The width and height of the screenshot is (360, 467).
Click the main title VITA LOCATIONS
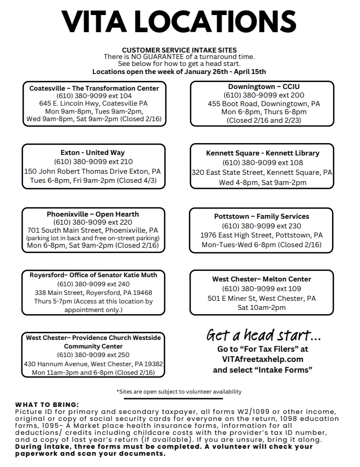[179, 23]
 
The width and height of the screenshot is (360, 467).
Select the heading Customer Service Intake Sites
[179, 50]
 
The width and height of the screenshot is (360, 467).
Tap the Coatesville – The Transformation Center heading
[94, 88]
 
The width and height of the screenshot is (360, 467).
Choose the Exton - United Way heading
[93, 152]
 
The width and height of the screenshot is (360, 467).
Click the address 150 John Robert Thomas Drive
[93, 171]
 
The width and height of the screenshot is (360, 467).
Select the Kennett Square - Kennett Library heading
[262, 153]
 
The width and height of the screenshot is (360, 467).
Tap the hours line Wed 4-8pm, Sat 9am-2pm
[262, 182]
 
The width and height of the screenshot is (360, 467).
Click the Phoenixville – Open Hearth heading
[93, 214]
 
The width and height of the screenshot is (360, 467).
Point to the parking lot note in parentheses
[93, 238]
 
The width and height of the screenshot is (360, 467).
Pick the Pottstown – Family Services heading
[262, 216]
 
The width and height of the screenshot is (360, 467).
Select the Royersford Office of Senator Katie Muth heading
[93, 275]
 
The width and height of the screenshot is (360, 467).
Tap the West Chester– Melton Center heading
[262, 279]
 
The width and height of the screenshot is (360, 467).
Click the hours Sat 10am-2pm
[262, 307]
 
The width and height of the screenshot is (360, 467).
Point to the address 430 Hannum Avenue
[93, 364]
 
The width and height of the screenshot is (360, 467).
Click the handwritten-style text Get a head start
[263, 335]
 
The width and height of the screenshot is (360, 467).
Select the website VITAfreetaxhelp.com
[262, 359]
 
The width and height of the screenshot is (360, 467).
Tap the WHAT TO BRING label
[47, 404]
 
